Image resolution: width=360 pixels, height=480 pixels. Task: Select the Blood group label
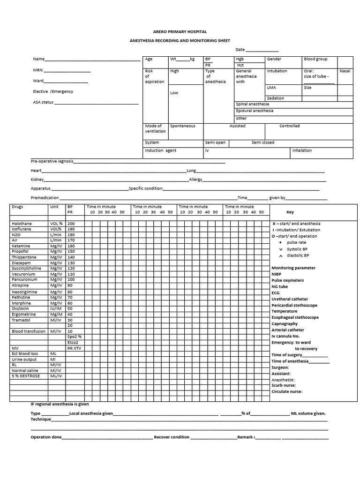click(x=315, y=59)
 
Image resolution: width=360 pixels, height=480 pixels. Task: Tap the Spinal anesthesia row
click(x=253, y=104)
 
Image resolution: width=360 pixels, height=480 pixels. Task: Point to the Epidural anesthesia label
click(x=255, y=111)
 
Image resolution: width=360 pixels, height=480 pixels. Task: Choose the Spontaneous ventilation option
click(x=183, y=126)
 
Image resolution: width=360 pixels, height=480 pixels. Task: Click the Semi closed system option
click(x=263, y=142)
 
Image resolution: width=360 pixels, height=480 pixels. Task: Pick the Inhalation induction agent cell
click(x=302, y=151)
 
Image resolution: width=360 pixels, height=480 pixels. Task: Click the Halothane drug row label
click(x=22, y=224)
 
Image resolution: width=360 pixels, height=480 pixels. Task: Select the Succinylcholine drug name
click(x=27, y=269)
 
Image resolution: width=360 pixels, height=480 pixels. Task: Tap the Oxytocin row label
click(x=21, y=308)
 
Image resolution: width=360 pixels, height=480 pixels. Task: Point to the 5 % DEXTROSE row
click(x=26, y=376)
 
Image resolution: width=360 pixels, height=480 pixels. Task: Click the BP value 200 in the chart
click(x=71, y=224)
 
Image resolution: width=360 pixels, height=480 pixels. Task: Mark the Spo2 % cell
click(x=75, y=337)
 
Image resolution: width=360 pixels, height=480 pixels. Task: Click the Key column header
click(x=290, y=212)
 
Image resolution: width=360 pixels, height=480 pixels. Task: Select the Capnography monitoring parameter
click(x=285, y=324)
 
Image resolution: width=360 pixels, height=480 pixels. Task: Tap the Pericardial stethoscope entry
click(x=294, y=306)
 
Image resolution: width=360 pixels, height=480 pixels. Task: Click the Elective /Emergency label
click(x=53, y=91)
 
